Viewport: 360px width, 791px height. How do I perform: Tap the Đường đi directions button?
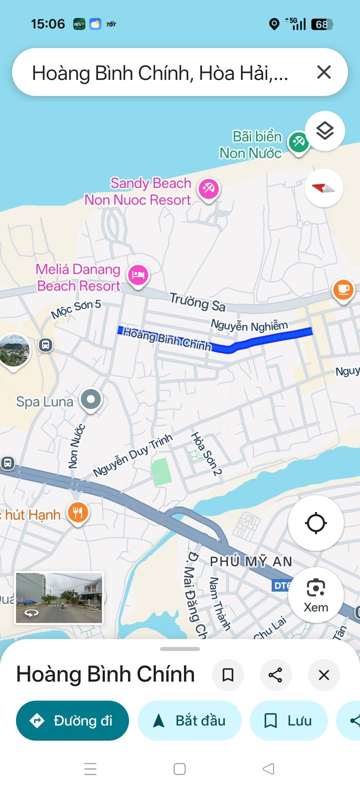[72, 720]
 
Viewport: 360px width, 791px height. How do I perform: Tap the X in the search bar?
[324, 72]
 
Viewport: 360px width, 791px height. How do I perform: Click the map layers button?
[325, 131]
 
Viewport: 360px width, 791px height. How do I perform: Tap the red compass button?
[323, 188]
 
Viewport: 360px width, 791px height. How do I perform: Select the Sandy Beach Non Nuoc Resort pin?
[208, 188]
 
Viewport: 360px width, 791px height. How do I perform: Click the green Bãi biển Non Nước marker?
[298, 141]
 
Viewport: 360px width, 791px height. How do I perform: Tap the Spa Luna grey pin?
[91, 399]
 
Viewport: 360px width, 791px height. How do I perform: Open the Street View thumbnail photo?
[59, 598]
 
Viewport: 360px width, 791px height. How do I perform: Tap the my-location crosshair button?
[316, 523]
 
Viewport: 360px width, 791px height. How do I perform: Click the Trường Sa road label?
[197, 301]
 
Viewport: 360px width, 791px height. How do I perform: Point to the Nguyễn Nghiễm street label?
[249, 325]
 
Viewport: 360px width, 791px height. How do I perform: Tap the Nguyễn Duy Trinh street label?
[132, 455]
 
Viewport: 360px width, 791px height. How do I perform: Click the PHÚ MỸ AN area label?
[251, 561]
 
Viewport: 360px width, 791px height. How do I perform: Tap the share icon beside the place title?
[275, 675]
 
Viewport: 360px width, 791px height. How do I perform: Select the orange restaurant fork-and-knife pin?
[78, 512]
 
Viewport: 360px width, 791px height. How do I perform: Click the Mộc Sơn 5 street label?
[76, 308]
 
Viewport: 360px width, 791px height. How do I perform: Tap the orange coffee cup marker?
[343, 289]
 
